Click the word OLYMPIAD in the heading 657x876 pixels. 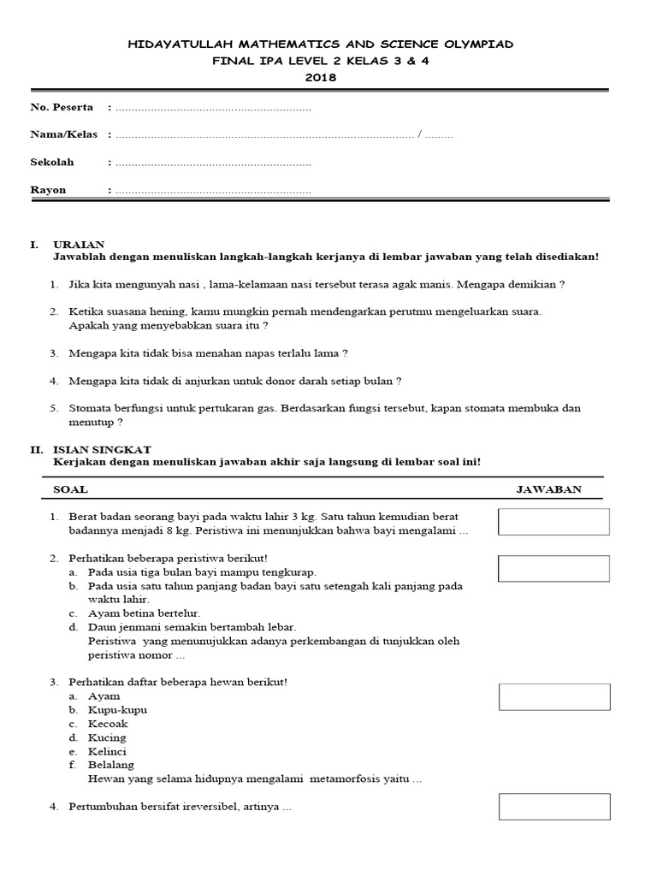coord(472,44)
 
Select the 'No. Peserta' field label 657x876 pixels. coord(62,108)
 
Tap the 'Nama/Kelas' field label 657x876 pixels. coord(64,134)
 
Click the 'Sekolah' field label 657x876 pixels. coord(52,162)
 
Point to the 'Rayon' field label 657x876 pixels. coord(48,190)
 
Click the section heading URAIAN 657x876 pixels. coord(79,245)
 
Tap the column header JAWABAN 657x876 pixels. coord(549,489)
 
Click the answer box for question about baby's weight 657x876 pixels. coord(553,522)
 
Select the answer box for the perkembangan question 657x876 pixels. coord(553,568)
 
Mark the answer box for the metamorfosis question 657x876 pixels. coord(553,696)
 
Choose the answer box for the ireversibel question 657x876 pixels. coord(553,807)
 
